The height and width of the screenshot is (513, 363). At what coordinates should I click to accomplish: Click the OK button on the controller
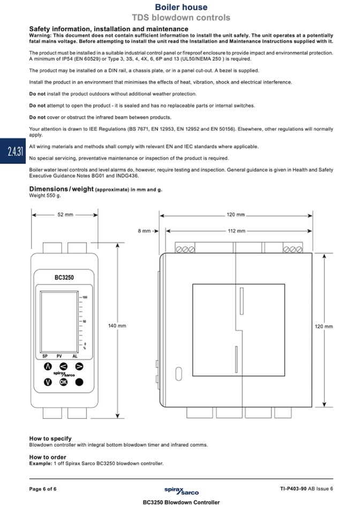pos(63,382)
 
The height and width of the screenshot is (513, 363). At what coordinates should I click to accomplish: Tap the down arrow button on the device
pos(47,382)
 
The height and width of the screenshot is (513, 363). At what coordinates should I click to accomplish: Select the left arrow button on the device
pos(63,366)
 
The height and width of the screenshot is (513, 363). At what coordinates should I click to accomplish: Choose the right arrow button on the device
pos(79,366)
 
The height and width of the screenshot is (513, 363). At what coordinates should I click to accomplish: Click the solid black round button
pos(79,382)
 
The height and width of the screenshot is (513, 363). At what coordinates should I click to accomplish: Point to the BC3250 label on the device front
pos(64,278)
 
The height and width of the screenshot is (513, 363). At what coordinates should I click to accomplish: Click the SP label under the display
pos(46,356)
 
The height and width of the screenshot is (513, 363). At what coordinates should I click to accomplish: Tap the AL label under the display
pos(75,356)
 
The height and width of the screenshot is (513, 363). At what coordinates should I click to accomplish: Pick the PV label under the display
pos(59,356)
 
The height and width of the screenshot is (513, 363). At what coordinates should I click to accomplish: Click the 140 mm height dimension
pos(117,326)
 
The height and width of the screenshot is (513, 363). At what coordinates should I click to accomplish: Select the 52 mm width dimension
pos(65,215)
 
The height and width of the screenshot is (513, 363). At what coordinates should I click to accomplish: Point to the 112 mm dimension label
pos(237,231)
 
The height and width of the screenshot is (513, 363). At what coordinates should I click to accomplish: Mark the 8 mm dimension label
pos(144,231)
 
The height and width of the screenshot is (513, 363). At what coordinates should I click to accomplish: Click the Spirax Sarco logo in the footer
pos(182,490)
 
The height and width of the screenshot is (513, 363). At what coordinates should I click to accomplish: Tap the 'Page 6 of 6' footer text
pos(43,488)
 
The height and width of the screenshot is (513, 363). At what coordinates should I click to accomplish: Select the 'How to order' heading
pos(48,457)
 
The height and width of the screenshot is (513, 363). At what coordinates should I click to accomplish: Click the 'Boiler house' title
pos(181,7)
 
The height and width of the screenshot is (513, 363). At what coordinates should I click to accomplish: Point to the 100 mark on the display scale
pos(85,296)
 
